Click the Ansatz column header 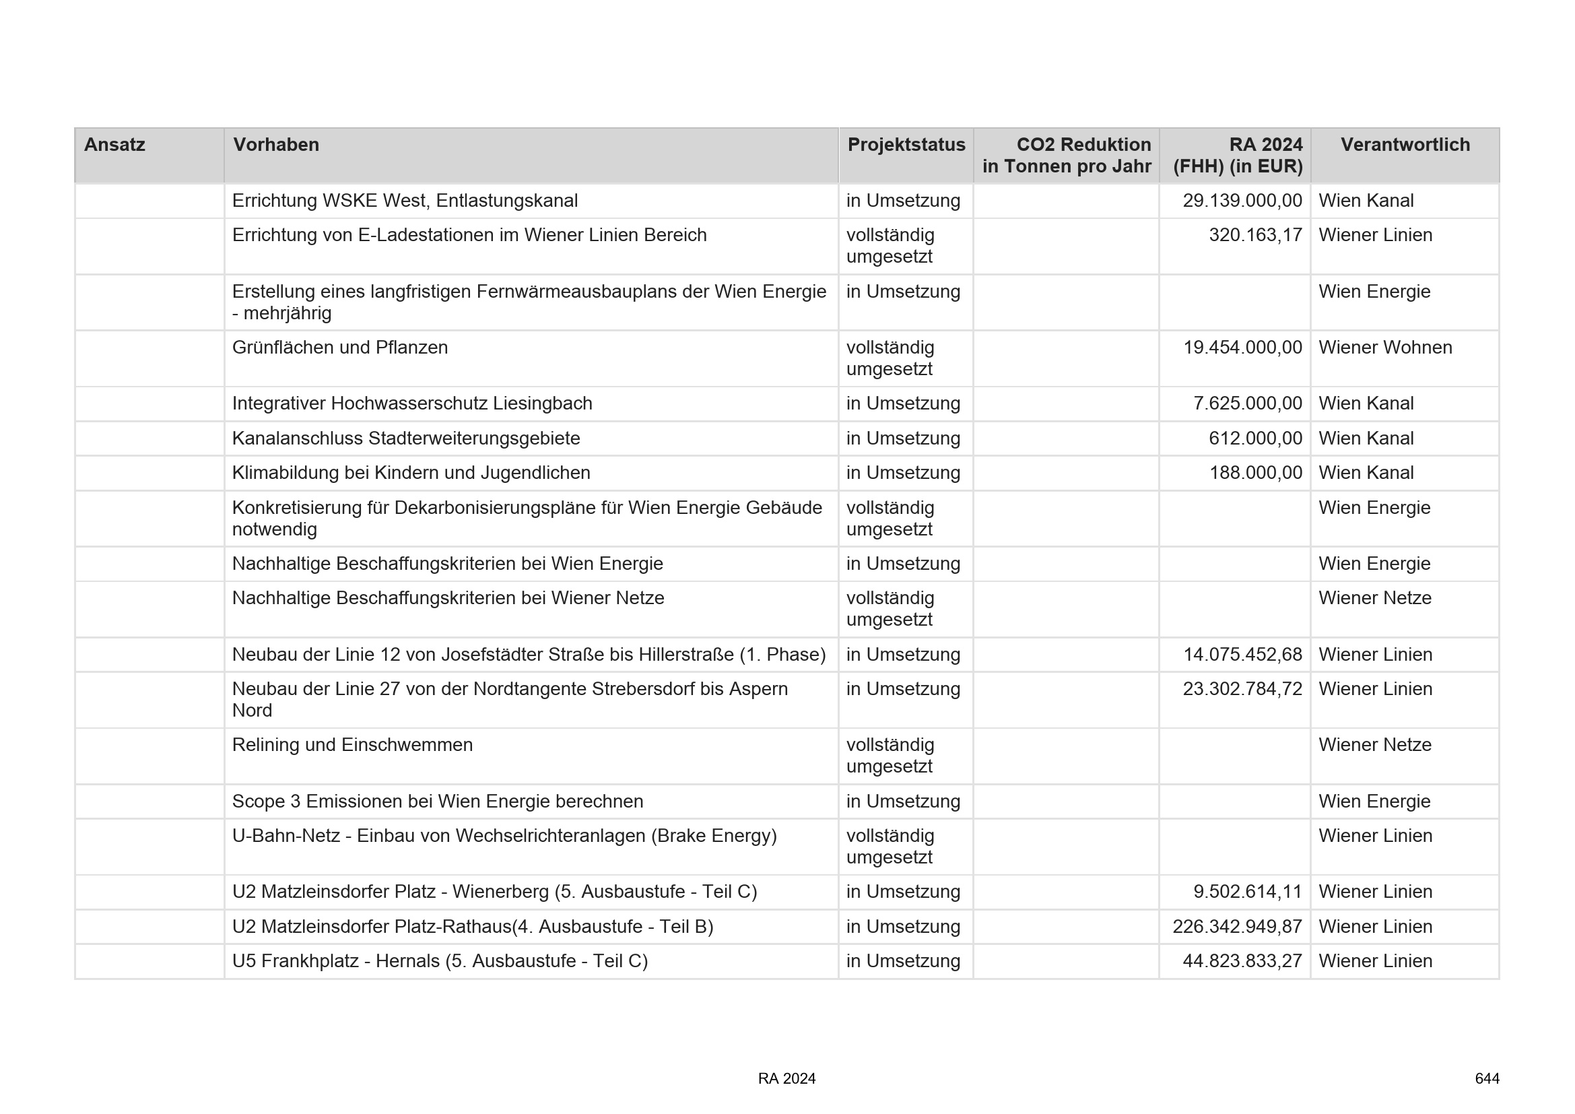[x=114, y=145]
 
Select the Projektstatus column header [x=906, y=145]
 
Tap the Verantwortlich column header [x=1405, y=145]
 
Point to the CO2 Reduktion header [x=1067, y=156]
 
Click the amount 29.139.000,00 [x=1242, y=201]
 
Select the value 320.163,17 [x=1254, y=235]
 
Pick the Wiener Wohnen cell [x=1385, y=348]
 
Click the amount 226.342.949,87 [x=1237, y=927]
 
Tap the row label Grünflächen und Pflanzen [x=339, y=348]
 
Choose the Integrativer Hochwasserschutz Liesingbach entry [x=411, y=403]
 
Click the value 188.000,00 [x=1255, y=473]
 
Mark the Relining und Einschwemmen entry [x=352, y=745]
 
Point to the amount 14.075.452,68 [x=1242, y=655]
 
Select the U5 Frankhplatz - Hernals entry [x=440, y=961]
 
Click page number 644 [x=1487, y=1079]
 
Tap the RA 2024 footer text [x=786, y=1079]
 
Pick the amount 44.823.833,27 [x=1242, y=961]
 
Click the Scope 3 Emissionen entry [x=438, y=801]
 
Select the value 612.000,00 [x=1255, y=438]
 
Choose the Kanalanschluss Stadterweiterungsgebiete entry [x=405, y=438]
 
